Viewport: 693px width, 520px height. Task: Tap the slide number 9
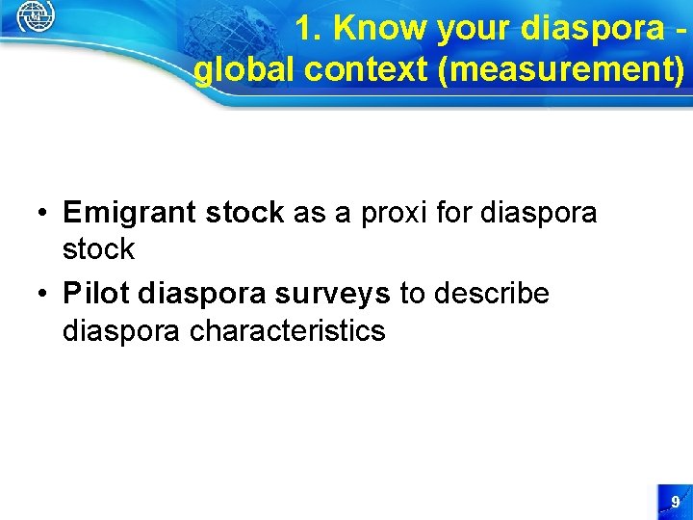pos(675,502)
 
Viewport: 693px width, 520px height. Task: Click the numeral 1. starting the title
pos(309,29)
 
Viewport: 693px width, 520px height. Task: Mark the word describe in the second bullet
pos(491,294)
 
